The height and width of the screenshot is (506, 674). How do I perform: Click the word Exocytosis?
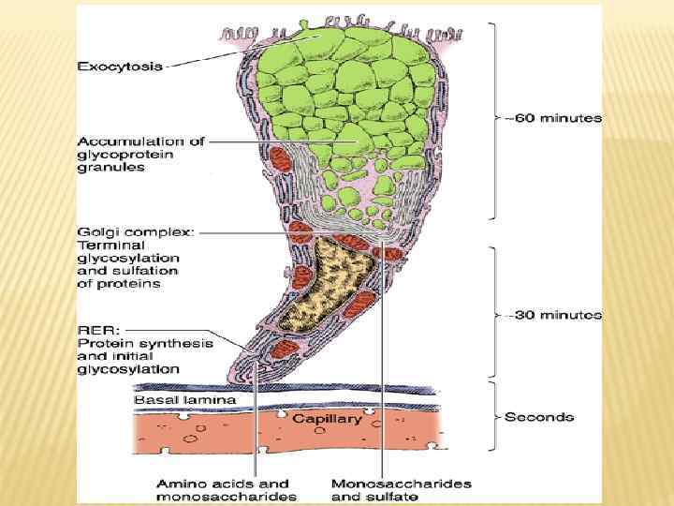tap(120, 66)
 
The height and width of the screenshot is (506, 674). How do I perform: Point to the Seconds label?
tap(539, 416)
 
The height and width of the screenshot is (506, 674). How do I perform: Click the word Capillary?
tap(327, 419)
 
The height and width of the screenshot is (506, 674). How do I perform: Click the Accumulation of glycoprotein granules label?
tap(140, 155)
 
